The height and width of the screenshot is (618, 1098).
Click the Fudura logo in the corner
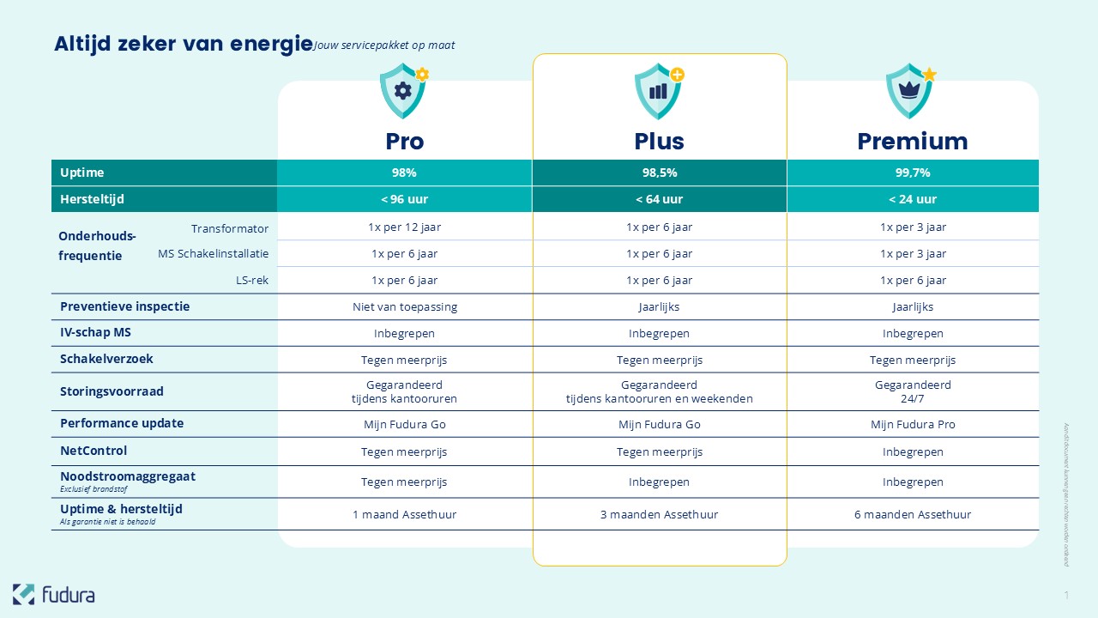click(x=53, y=594)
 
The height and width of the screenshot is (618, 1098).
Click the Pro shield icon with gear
click(x=403, y=91)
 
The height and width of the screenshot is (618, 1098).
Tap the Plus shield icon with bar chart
click(x=658, y=91)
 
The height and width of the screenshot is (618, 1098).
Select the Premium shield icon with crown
click(x=910, y=91)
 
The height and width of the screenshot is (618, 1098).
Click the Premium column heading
click(x=913, y=142)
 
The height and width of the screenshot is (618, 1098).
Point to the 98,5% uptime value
click(x=659, y=173)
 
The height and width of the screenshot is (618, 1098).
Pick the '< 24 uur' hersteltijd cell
click(x=913, y=199)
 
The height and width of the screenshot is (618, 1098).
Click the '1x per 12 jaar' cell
click(x=404, y=227)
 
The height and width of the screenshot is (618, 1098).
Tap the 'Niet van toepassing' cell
click(x=404, y=306)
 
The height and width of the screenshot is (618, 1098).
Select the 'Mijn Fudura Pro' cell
click(x=913, y=424)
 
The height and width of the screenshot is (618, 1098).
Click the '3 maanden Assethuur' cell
click(x=659, y=514)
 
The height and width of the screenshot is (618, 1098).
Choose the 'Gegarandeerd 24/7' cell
click(x=913, y=391)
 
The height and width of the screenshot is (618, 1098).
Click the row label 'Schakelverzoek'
click(x=106, y=359)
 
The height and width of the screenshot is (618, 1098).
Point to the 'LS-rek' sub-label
click(x=252, y=280)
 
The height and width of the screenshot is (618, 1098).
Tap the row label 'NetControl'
click(x=94, y=451)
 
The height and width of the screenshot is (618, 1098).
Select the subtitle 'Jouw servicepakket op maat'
click(x=384, y=45)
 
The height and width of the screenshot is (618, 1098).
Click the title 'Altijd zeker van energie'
click(x=183, y=44)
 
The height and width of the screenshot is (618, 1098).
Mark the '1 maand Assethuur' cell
click(x=404, y=514)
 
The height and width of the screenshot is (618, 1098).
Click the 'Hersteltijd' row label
click(x=92, y=199)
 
